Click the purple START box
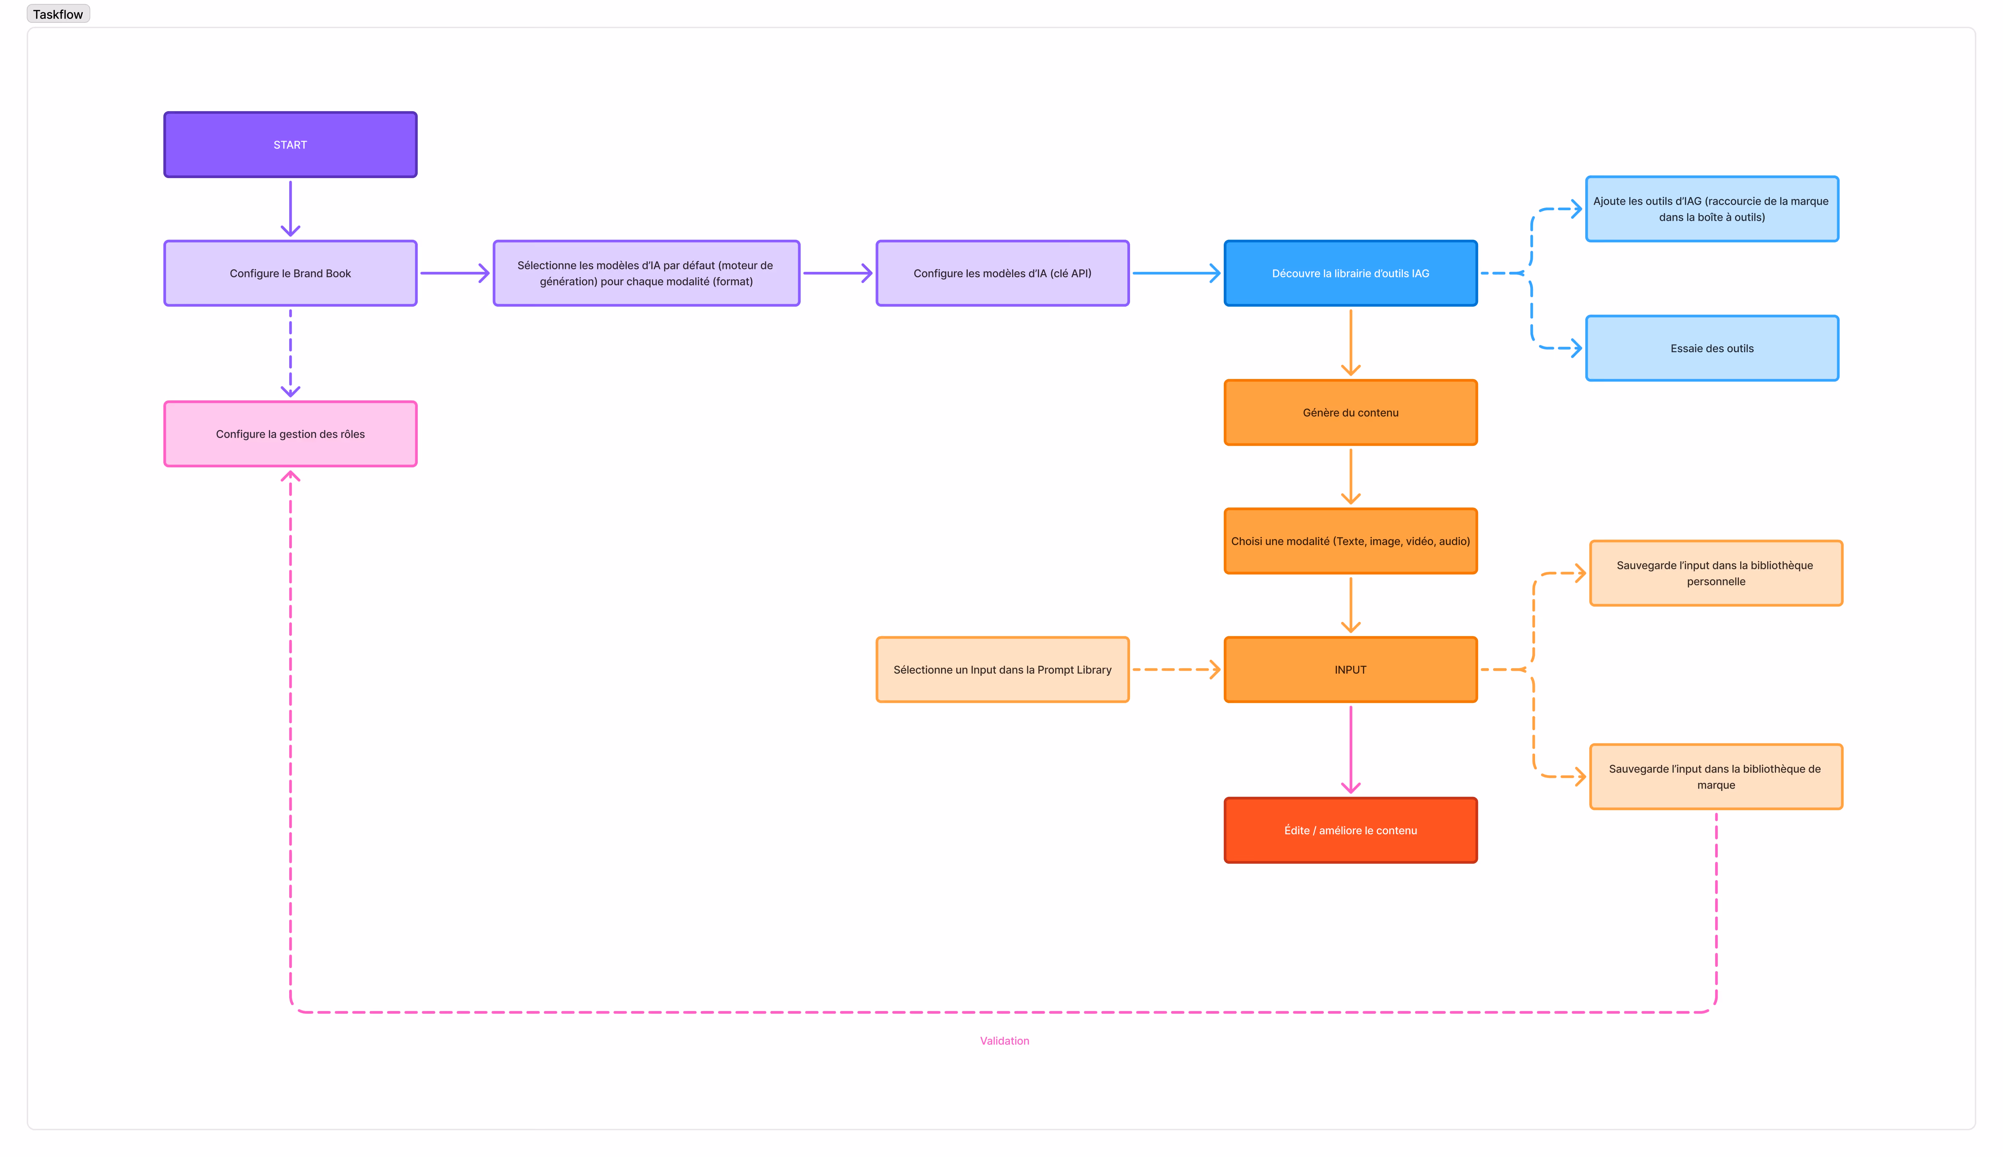coord(290,145)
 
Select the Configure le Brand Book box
coord(290,274)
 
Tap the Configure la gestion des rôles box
coord(290,434)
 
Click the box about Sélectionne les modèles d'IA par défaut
coord(646,274)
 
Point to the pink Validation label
coord(1004,1041)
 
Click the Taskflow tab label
coord(58,14)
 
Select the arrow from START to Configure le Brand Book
coord(290,208)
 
